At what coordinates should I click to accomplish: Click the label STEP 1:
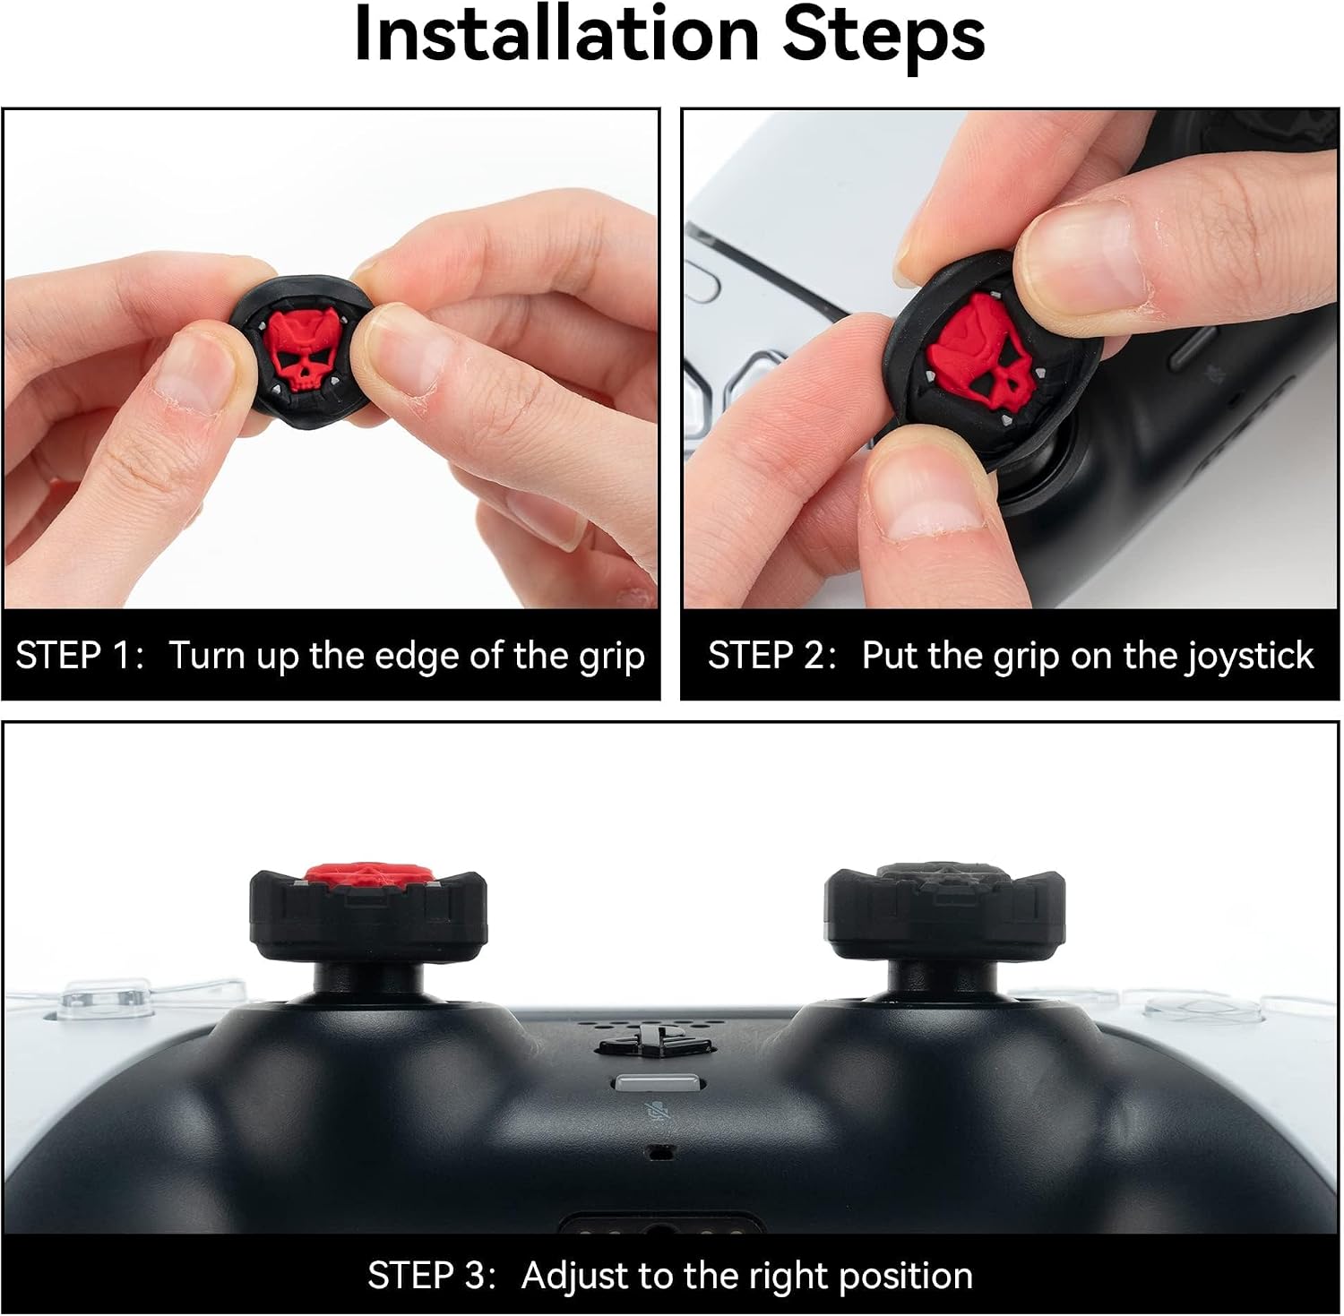click(79, 656)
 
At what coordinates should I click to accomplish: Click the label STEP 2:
click(771, 656)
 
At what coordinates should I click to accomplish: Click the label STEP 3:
click(431, 1276)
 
